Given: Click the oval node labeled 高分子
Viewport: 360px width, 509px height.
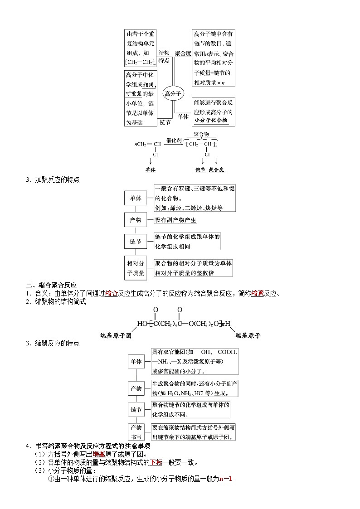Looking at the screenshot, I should (x=173, y=94).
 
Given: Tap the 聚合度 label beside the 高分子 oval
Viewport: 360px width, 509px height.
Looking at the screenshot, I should (x=183, y=53).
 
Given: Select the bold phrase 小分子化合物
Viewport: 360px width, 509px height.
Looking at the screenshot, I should (x=211, y=121).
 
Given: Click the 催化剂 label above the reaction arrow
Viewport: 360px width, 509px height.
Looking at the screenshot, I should (x=174, y=140).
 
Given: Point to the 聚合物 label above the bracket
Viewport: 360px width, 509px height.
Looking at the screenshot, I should (x=201, y=135).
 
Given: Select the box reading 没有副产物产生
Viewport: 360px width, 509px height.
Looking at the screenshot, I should (x=175, y=220).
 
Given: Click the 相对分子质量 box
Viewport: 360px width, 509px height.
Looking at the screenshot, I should (x=136, y=268).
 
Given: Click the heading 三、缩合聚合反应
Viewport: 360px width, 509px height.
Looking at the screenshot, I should (x=51, y=285).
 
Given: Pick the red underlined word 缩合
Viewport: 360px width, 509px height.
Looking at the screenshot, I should (x=111, y=293).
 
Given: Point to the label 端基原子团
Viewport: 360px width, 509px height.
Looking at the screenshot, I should (x=116, y=336).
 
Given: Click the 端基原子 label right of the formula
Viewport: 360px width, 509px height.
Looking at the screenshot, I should (x=248, y=336).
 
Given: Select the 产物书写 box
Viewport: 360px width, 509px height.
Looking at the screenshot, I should (x=136, y=432).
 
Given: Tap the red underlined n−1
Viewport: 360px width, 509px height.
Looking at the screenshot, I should (x=225, y=479).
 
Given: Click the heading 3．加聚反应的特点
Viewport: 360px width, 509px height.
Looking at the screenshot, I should (x=53, y=180).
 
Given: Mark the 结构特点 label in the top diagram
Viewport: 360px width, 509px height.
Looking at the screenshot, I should (x=164, y=57).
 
